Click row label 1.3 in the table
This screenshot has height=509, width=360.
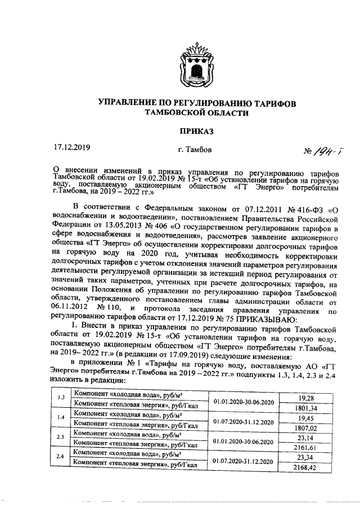[x=61, y=398]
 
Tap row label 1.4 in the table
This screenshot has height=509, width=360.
[x=61, y=418]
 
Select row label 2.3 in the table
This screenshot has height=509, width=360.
[x=61, y=438]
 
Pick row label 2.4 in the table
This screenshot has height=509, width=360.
[x=61, y=457]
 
